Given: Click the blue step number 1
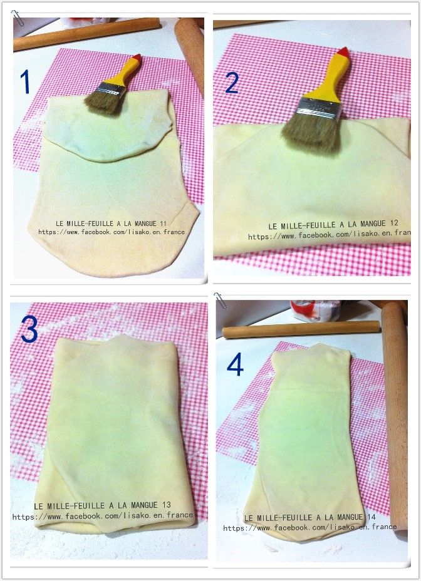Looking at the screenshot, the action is click(25, 81).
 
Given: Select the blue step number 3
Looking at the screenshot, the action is click(29, 329).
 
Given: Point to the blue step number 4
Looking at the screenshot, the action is click(235, 364).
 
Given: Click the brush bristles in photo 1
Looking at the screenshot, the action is click(103, 102).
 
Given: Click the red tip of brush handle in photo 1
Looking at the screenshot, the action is click(137, 58).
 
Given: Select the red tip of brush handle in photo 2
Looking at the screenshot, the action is click(343, 51).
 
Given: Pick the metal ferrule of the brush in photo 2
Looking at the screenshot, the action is click(320, 108).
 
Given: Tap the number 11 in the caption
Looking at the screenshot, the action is click(163, 224).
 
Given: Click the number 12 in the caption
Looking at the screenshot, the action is click(394, 223).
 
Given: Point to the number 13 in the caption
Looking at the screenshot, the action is click(167, 505).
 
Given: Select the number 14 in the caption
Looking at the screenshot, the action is click(372, 517).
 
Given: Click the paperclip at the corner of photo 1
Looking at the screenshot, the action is click(17, 18).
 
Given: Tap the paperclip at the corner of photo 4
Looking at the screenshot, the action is click(220, 300).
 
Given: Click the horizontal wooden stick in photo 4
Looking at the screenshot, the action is click(301, 329).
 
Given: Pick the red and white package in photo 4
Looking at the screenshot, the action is click(315, 310).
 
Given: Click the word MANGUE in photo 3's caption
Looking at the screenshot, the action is click(144, 505).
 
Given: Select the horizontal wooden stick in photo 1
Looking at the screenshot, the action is click(87, 34).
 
